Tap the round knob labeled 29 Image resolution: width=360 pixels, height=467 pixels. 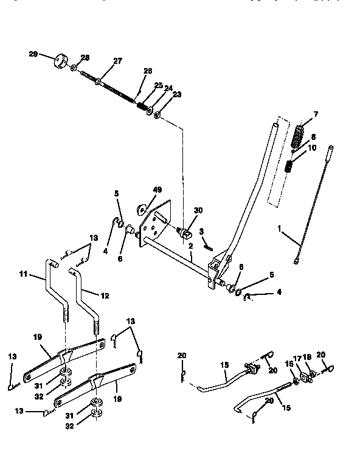(x=60, y=61)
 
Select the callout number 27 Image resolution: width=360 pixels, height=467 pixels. (x=118, y=60)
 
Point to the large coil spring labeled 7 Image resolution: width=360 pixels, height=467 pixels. (x=299, y=137)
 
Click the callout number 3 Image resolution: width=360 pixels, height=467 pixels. (x=201, y=231)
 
